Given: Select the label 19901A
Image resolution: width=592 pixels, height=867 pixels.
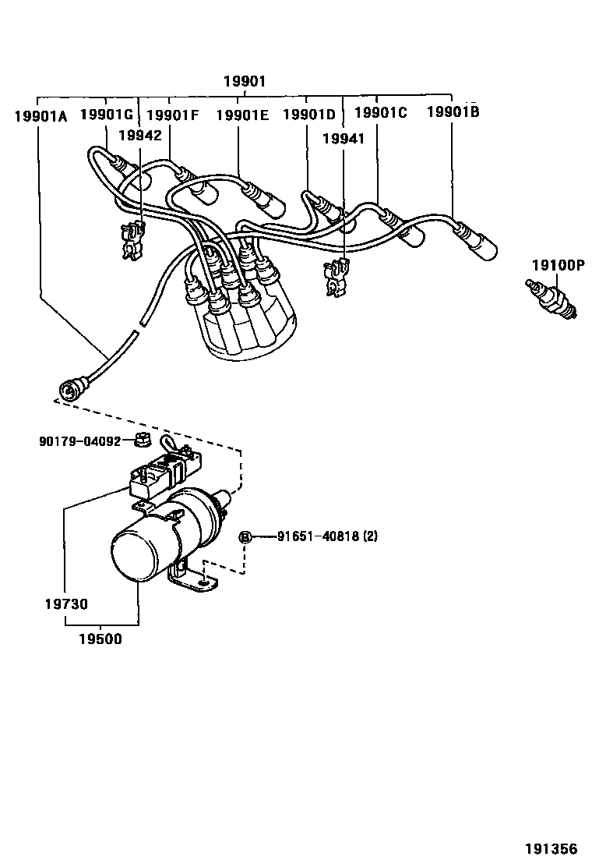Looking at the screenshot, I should pos(41,115).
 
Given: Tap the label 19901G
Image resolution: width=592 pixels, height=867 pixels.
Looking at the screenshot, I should pos(107,114).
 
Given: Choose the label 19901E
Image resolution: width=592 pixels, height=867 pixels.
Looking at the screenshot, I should pos(242,115).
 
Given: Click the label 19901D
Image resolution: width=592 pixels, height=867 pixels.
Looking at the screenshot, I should pos(308,115).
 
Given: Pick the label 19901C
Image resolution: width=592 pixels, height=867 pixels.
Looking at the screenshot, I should pos(380,113).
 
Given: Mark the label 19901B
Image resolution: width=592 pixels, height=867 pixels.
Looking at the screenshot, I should pos(453,112).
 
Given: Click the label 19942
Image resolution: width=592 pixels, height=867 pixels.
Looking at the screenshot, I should pos(139,135).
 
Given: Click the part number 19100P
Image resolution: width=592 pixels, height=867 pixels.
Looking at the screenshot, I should pos(558,265).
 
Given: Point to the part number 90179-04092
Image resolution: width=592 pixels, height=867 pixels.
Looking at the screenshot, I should pos(79,441).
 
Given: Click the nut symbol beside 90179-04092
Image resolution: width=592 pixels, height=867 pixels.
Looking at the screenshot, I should pos(142,441).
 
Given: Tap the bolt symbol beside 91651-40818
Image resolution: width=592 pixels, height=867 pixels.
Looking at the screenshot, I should pos(245,536).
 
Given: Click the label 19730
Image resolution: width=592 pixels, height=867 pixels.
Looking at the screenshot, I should pos(66,603).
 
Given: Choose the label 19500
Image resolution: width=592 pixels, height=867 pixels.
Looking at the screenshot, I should pos(100,639).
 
